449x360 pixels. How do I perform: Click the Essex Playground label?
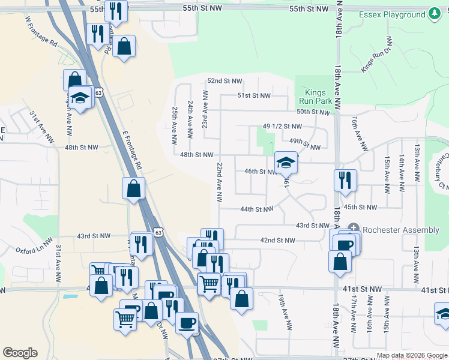click(x=393, y=14)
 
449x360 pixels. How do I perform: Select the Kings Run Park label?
click(x=315, y=97)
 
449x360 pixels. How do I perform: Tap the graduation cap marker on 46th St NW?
click(x=286, y=162)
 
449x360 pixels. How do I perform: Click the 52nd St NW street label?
click(x=224, y=81)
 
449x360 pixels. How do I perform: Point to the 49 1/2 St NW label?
click(x=282, y=127)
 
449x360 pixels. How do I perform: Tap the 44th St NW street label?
click(x=257, y=209)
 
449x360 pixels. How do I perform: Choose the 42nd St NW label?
click(x=277, y=240)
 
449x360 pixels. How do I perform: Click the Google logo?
click(x=20, y=353)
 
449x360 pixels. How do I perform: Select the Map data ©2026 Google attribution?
click(x=411, y=355)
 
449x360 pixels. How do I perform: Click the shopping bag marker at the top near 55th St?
click(x=124, y=46)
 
